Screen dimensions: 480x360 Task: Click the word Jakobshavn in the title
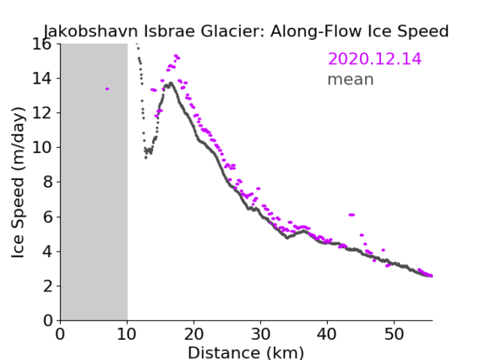click(x=91, y=31)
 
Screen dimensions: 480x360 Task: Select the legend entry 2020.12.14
click(x=374, y=59)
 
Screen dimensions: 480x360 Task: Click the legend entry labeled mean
click(x=351, y=79)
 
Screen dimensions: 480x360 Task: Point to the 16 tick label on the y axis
click(x=41, y=45)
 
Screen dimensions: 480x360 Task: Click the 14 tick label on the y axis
click(x=41, y=79)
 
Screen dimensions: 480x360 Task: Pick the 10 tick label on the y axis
click(x=41, y=148)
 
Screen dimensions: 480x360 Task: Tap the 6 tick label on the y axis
click(x=47, y=217)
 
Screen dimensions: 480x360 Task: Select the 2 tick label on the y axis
click(x=47, y=286)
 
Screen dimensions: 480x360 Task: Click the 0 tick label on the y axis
click(x=47, y=321)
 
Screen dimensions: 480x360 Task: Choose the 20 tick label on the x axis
click(x=194, y=334)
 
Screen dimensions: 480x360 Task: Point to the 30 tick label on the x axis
click(x=260, y=334)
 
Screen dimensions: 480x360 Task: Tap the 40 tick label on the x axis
click(x=327, y=334)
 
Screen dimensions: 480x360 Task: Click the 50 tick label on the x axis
click(x=394, y=334)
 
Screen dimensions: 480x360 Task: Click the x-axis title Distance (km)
click(x=246, y=353)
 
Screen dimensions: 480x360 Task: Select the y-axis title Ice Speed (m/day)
click(x=18, y=183)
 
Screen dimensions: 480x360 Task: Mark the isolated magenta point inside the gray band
click(x=107, y=89)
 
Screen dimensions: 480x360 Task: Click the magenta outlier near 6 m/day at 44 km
click(x=352, y=215)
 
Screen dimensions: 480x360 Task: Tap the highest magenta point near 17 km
click(x=177, y=57)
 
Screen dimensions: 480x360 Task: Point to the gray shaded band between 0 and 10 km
click(x=94, y=183)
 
